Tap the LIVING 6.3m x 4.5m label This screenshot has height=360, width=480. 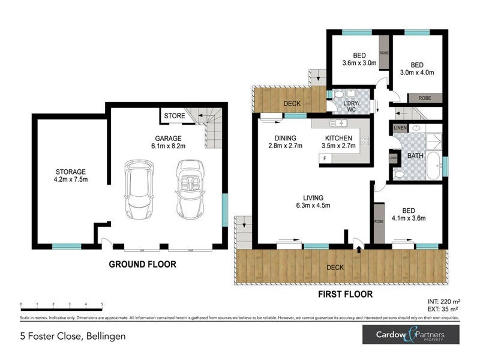[313, 202]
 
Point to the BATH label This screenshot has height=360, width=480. [415, 155]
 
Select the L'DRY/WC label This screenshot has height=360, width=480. [353, 106]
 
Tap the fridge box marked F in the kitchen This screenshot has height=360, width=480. [325, 158]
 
